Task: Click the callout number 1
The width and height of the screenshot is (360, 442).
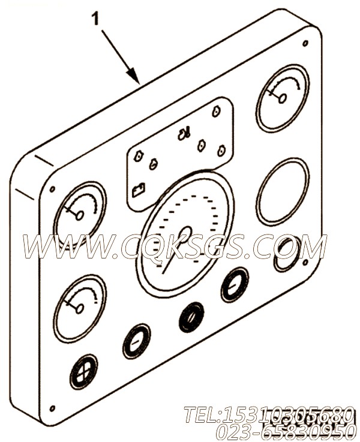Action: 96,19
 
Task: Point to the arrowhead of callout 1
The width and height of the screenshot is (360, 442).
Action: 135,77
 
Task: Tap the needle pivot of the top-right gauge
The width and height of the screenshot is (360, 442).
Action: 283,98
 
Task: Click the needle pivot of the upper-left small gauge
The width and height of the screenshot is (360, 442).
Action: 80,215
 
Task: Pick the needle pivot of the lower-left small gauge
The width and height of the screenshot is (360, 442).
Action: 80,308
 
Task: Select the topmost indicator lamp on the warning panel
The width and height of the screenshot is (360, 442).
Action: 216,112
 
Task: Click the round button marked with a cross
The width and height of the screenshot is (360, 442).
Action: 84,371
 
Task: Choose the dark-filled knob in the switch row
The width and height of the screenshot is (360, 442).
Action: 191,317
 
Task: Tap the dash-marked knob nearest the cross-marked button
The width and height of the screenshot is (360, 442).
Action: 136,341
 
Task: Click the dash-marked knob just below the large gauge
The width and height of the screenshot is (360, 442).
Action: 235,285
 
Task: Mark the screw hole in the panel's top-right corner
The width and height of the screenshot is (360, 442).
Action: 305,44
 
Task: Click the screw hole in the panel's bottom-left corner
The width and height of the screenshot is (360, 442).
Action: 52,408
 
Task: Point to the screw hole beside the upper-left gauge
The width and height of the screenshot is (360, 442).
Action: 52,190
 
